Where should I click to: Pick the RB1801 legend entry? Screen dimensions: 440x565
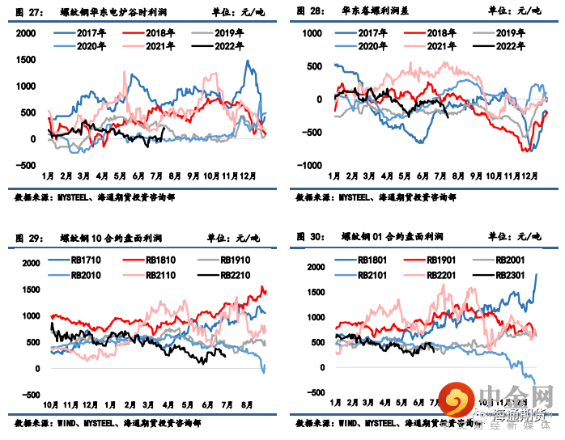374,260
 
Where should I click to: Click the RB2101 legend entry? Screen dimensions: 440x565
374,275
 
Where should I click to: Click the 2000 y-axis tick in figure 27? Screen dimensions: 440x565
26,32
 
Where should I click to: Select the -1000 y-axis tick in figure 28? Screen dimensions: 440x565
310,164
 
